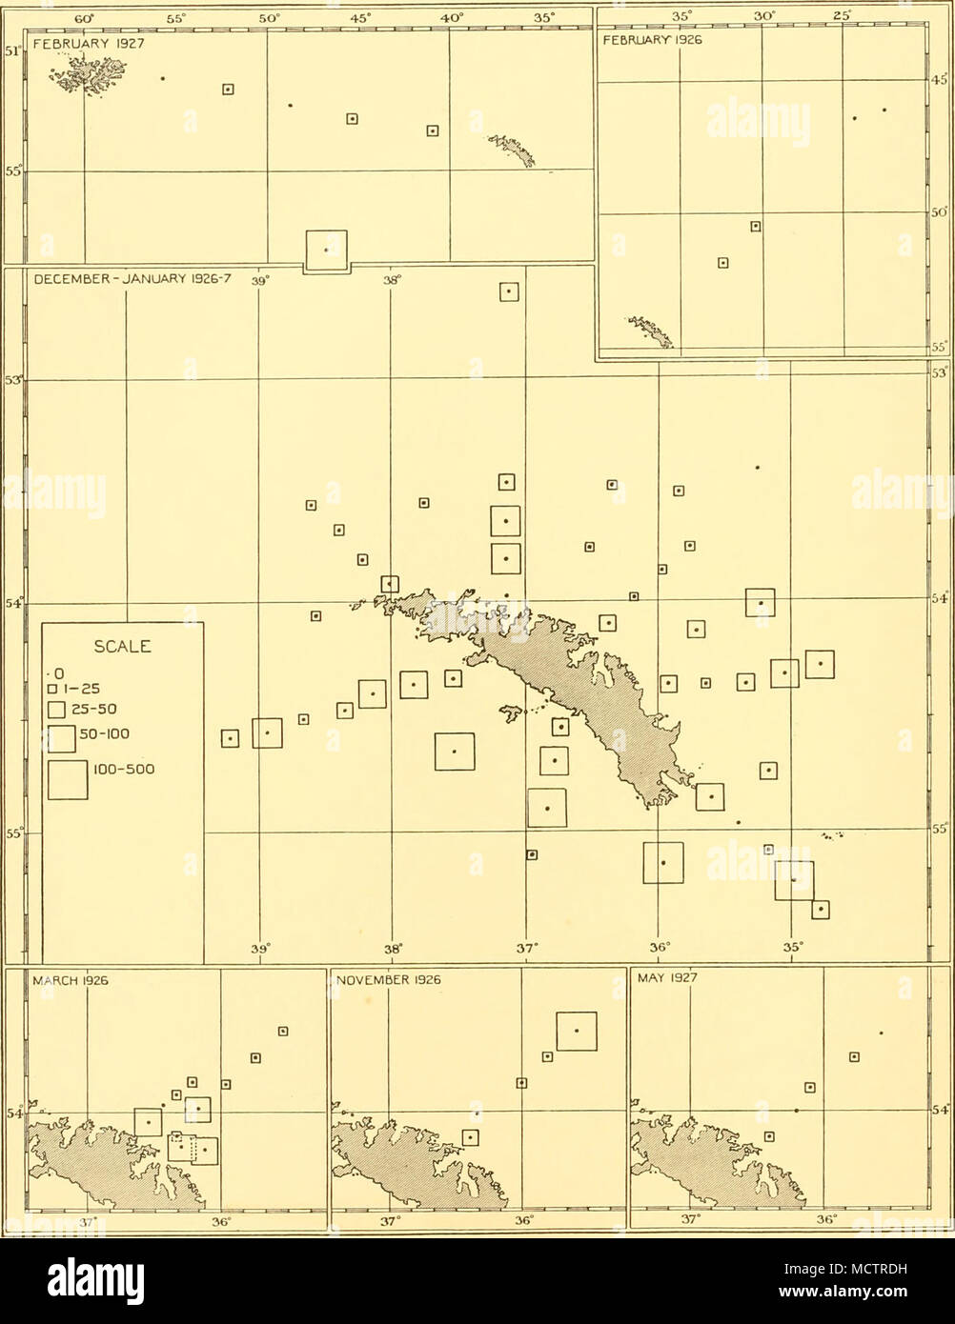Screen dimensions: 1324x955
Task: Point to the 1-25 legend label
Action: click(x=87, y=690)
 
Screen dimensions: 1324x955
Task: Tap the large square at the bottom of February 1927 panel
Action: click(x=326, y=250)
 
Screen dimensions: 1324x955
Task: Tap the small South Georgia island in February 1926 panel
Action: click(x=652, y=331)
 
